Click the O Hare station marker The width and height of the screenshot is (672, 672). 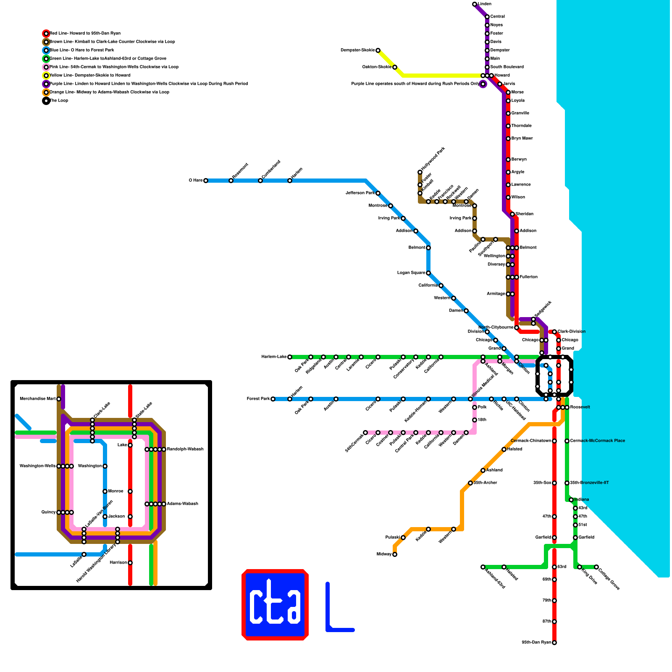pyautogui.click(x=206, y=181)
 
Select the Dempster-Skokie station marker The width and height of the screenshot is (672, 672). pyautogui.click(x=378, y=50)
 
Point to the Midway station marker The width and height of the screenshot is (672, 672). pyautogui.click(x=395, y=554)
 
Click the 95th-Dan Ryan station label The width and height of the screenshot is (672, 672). pyautogui.click(x=536, y=643)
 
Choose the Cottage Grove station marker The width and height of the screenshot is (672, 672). pyautogui.click(x=596, y=567)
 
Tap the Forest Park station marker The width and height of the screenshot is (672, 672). pyautogui.click(x=273, y=399)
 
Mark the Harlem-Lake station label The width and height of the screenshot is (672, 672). pyautogui.click(x=274, y=357)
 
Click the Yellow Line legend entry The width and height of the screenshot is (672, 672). pyautogui.click(x=90, y=76)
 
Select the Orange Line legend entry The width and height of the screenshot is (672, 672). pyautogui.click(x=109, y=92)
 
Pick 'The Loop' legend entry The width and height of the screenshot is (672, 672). pyautogui.click(x=59, y=101)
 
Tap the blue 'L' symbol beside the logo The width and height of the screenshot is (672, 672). pyautogui.click(x=332, y=613)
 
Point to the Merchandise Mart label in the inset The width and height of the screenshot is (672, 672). pyautogui.click(x=38, y=399)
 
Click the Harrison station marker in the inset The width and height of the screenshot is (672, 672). pyautogui.click(x=130, y=563)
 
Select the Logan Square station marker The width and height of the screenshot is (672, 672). pyautogui.click(x=428, y=273)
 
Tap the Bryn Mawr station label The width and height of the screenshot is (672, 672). pyautogui.click(x=522, y=139)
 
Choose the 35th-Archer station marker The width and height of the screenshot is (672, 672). pyautogui.click(x=470, y=483)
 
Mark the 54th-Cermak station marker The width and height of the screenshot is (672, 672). pyautogui.click(x=365, y=433)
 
